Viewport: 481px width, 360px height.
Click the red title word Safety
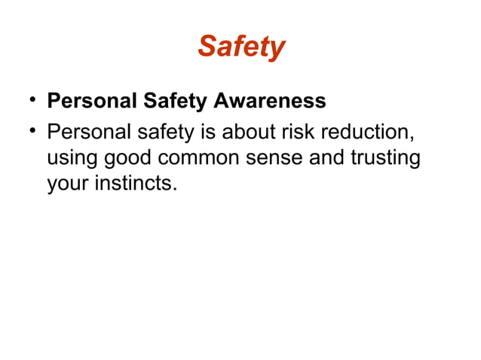(241, 47)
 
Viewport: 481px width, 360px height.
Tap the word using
(72, 160)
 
